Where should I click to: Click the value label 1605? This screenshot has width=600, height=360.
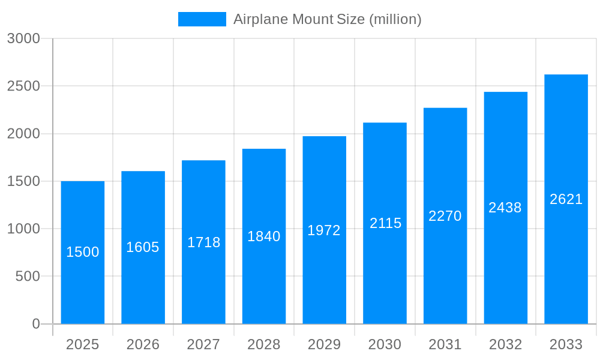[143, 247]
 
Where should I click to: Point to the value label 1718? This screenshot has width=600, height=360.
[204, 242]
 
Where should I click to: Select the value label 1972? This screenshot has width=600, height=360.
[324, 230]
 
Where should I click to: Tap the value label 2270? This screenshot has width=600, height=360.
[445, 216]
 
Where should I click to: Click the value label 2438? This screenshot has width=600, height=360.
[505, 208]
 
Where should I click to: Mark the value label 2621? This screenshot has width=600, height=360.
[566, 199]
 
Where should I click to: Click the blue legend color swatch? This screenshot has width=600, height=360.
[202, 19]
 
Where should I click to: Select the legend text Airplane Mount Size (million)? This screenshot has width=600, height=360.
[327, 19]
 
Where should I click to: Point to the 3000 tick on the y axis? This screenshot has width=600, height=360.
[23, 38]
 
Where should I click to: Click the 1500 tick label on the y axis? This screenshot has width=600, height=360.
[23, 181]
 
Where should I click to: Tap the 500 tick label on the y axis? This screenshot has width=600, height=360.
[28, 277]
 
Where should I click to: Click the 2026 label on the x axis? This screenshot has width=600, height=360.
[143, 344]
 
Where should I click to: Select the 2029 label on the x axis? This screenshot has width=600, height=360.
[324, 344]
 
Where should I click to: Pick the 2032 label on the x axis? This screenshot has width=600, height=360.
[505, 344]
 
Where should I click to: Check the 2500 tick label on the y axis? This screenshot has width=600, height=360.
[23, 86]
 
